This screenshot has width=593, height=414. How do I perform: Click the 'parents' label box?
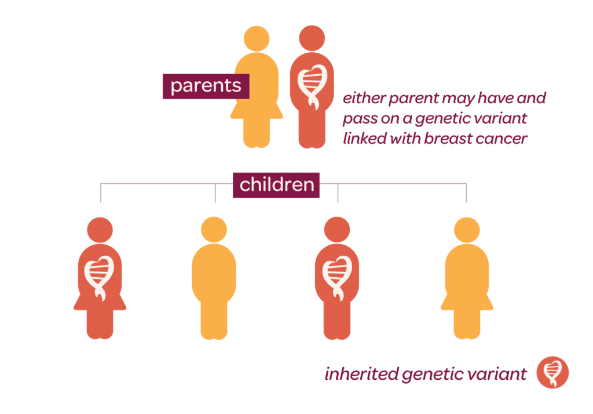click(206, 86)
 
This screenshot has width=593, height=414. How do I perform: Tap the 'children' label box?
click(276, 185)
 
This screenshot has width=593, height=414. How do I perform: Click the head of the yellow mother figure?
click(257, 39)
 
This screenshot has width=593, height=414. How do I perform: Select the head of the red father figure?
click(312, 38)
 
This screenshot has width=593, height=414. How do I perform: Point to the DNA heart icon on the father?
click(312, 86)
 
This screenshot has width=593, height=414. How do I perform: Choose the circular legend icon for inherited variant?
click(552, 372)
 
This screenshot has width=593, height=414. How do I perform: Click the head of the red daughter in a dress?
click(100, 230)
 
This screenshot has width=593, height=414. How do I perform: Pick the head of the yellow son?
click(214, 230)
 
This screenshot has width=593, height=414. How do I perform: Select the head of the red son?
click(337, 230)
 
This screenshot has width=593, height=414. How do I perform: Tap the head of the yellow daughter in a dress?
click(467, 230)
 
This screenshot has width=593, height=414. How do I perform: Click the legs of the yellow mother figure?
click(257, 133)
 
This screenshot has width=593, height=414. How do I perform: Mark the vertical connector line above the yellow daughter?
click(466, 193)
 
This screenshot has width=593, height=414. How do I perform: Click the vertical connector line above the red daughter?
click(101, 193)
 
